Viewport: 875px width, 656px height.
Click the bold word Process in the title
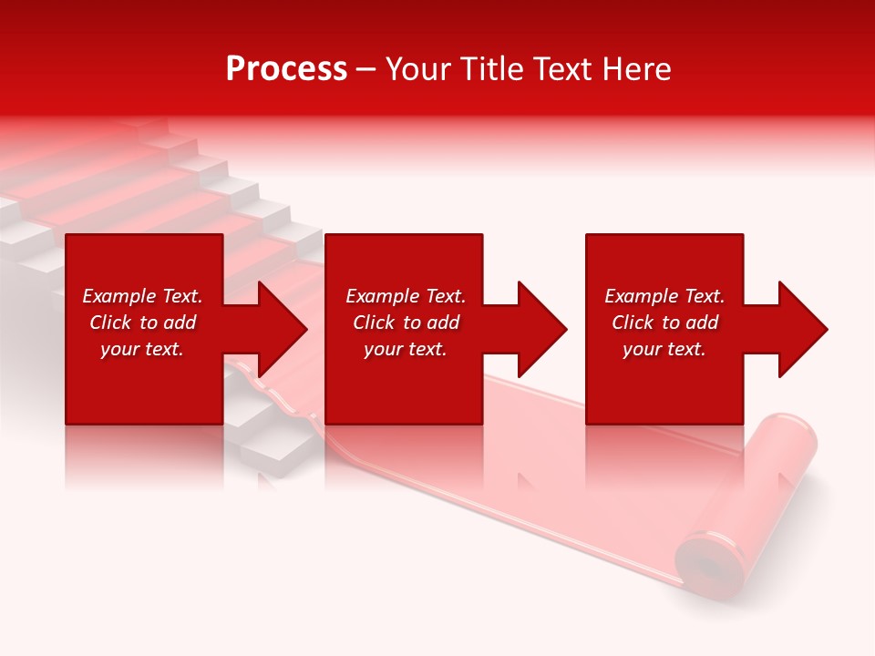click(x=286, y=69)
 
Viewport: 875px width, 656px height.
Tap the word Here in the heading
click(x=637, y=69)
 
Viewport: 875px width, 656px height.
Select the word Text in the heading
click(x=564, y=69)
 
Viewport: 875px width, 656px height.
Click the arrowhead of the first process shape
click(x=278, y=329)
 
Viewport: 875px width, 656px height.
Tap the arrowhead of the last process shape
click(x=798, y=329)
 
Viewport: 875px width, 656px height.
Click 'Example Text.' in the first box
click(x=142, y=296)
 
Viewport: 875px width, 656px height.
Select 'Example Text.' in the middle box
click(x=406, y=296)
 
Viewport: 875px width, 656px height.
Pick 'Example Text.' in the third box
click(x=664, y=296)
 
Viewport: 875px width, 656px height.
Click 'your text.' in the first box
click(x=142, y=349)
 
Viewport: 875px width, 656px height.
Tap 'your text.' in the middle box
click(x=406, y=349)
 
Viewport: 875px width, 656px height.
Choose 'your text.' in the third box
click(x=664, y=349)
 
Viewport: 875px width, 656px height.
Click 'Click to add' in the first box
click(x=142, y=323)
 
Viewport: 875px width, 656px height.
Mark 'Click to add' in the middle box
click(x=406, y=323)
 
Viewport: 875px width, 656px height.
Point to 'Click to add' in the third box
click(x=664, y=323)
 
